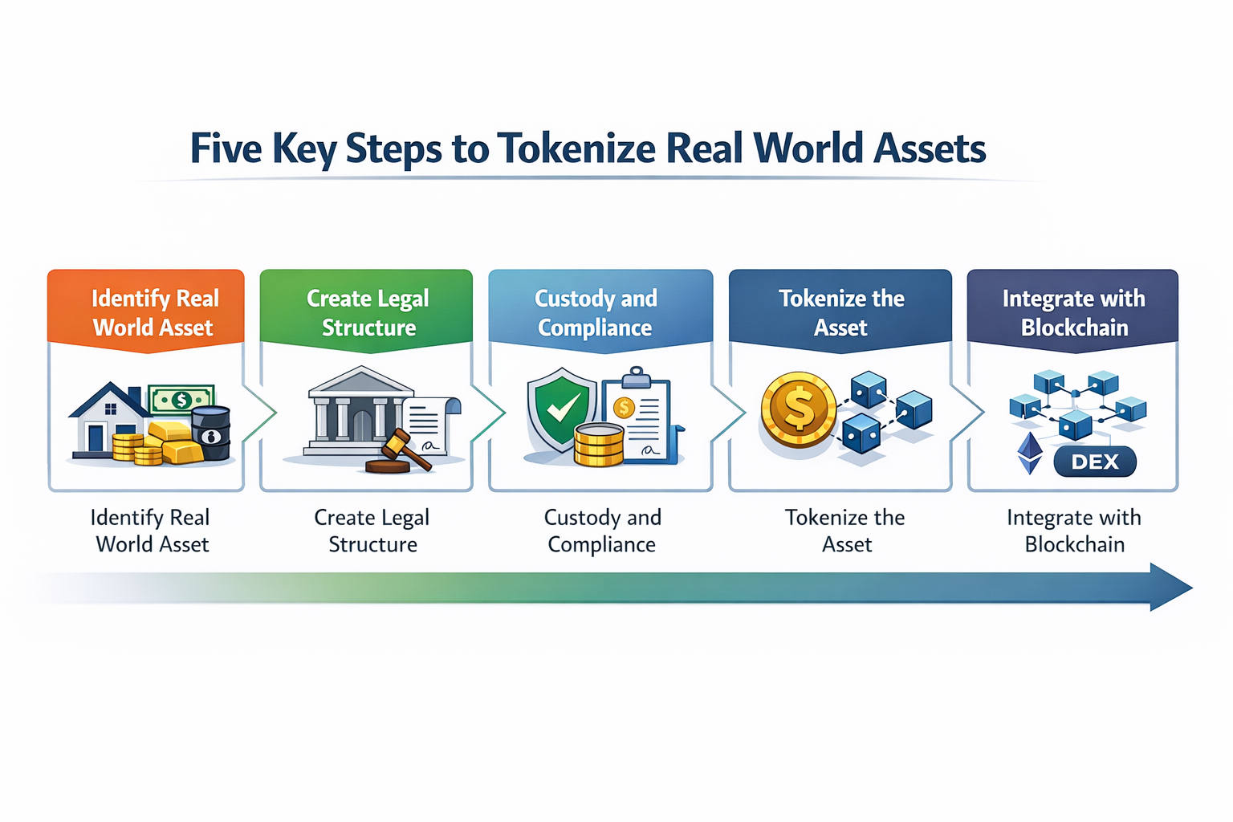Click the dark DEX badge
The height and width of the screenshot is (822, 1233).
click(1094, 462)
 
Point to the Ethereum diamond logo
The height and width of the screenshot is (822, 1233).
click(1030, 454)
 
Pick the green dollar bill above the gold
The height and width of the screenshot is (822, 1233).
click(182, 399)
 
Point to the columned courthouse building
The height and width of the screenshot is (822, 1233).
click(353, 411)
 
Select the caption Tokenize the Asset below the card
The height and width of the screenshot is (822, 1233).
click(844, 531)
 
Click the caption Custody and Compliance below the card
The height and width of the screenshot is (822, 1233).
click(602, 531)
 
